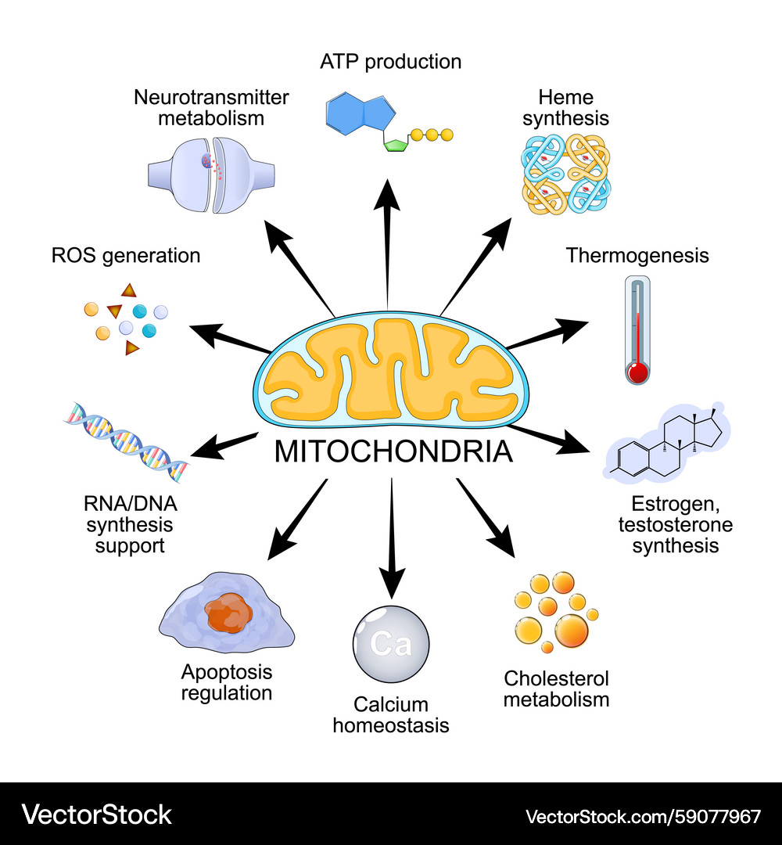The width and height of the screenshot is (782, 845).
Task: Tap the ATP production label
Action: pos(390,61)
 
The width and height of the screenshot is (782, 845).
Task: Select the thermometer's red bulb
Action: pos(638,372)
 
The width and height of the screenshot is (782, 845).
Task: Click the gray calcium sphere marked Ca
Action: pos(390,643)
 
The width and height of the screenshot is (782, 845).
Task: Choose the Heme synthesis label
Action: pos(565,108)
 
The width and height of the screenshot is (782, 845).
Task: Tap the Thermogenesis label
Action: pos(637,255)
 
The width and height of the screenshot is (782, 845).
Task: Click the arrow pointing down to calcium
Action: pos(391,540)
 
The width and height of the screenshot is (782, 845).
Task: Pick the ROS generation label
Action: pos(126,255)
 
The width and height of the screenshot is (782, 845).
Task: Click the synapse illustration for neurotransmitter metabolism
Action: pos(211,173)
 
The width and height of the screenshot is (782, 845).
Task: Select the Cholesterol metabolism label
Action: pos(556,688)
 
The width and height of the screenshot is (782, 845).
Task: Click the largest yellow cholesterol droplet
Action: pos(572,628)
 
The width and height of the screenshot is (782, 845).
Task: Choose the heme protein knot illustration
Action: pos(565,174)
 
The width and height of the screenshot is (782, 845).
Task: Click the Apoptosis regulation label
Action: pos(227,681)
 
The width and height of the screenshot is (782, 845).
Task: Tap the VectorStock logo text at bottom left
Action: pos(97,814)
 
